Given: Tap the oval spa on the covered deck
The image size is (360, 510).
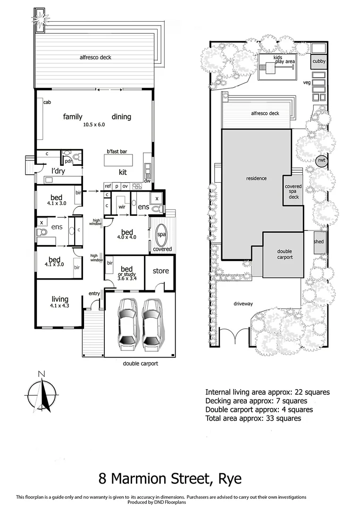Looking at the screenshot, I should pyautogui.click(x=160, y=234).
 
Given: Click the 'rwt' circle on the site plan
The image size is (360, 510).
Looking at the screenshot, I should pyautogui.click(x=322, y=161).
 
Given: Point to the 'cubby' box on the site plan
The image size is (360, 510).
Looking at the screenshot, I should pyautogui.click(x=319, y=61).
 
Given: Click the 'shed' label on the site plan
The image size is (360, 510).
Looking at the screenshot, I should pyautogui.click(x=319, y=242).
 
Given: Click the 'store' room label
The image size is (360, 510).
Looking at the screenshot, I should pyautogui.click(x=160, y=271).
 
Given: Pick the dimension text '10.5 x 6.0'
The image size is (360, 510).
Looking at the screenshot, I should pyautogui.click(x=93, y=125).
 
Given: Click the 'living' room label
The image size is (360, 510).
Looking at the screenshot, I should pyautogui.click(x=60, y=299).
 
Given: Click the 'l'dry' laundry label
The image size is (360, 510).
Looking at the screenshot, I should pyautogui.click(x=58, y=171).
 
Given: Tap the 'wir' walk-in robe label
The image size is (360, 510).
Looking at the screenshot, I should pyautogui.click(x=121, y=207).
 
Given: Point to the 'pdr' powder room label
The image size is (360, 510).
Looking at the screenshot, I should pyautogui.click(x=68, y=161).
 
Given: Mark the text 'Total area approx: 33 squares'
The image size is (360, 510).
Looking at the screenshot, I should pyautogui.click(x=253, y=418).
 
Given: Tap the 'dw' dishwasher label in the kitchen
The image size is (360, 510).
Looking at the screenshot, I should pyautogui.click(x=147, y=181).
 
